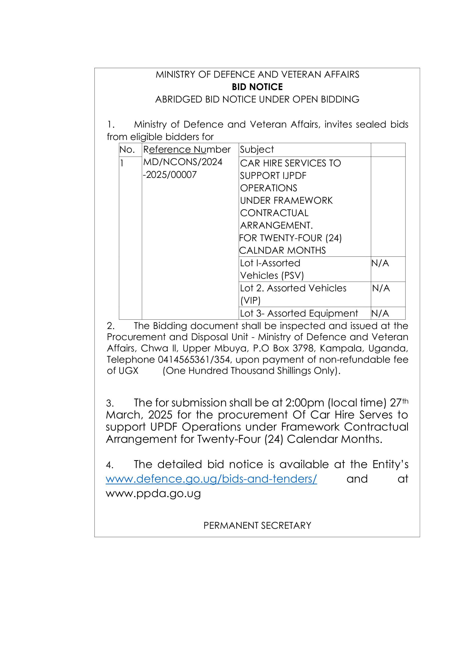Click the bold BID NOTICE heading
click(257, 87)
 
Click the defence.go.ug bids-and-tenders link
click(211, 479)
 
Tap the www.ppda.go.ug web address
click(153, 493)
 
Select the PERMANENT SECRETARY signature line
click(257, 525)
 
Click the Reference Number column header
click(187, 149)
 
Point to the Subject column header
click(257, 149)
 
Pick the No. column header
click(127, 149)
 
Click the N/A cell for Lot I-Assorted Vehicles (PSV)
click(380, 263)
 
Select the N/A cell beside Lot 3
click(380, 313)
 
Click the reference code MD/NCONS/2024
click(183, 162)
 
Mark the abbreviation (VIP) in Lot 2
click(250, 301)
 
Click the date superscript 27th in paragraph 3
click(399, 403)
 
